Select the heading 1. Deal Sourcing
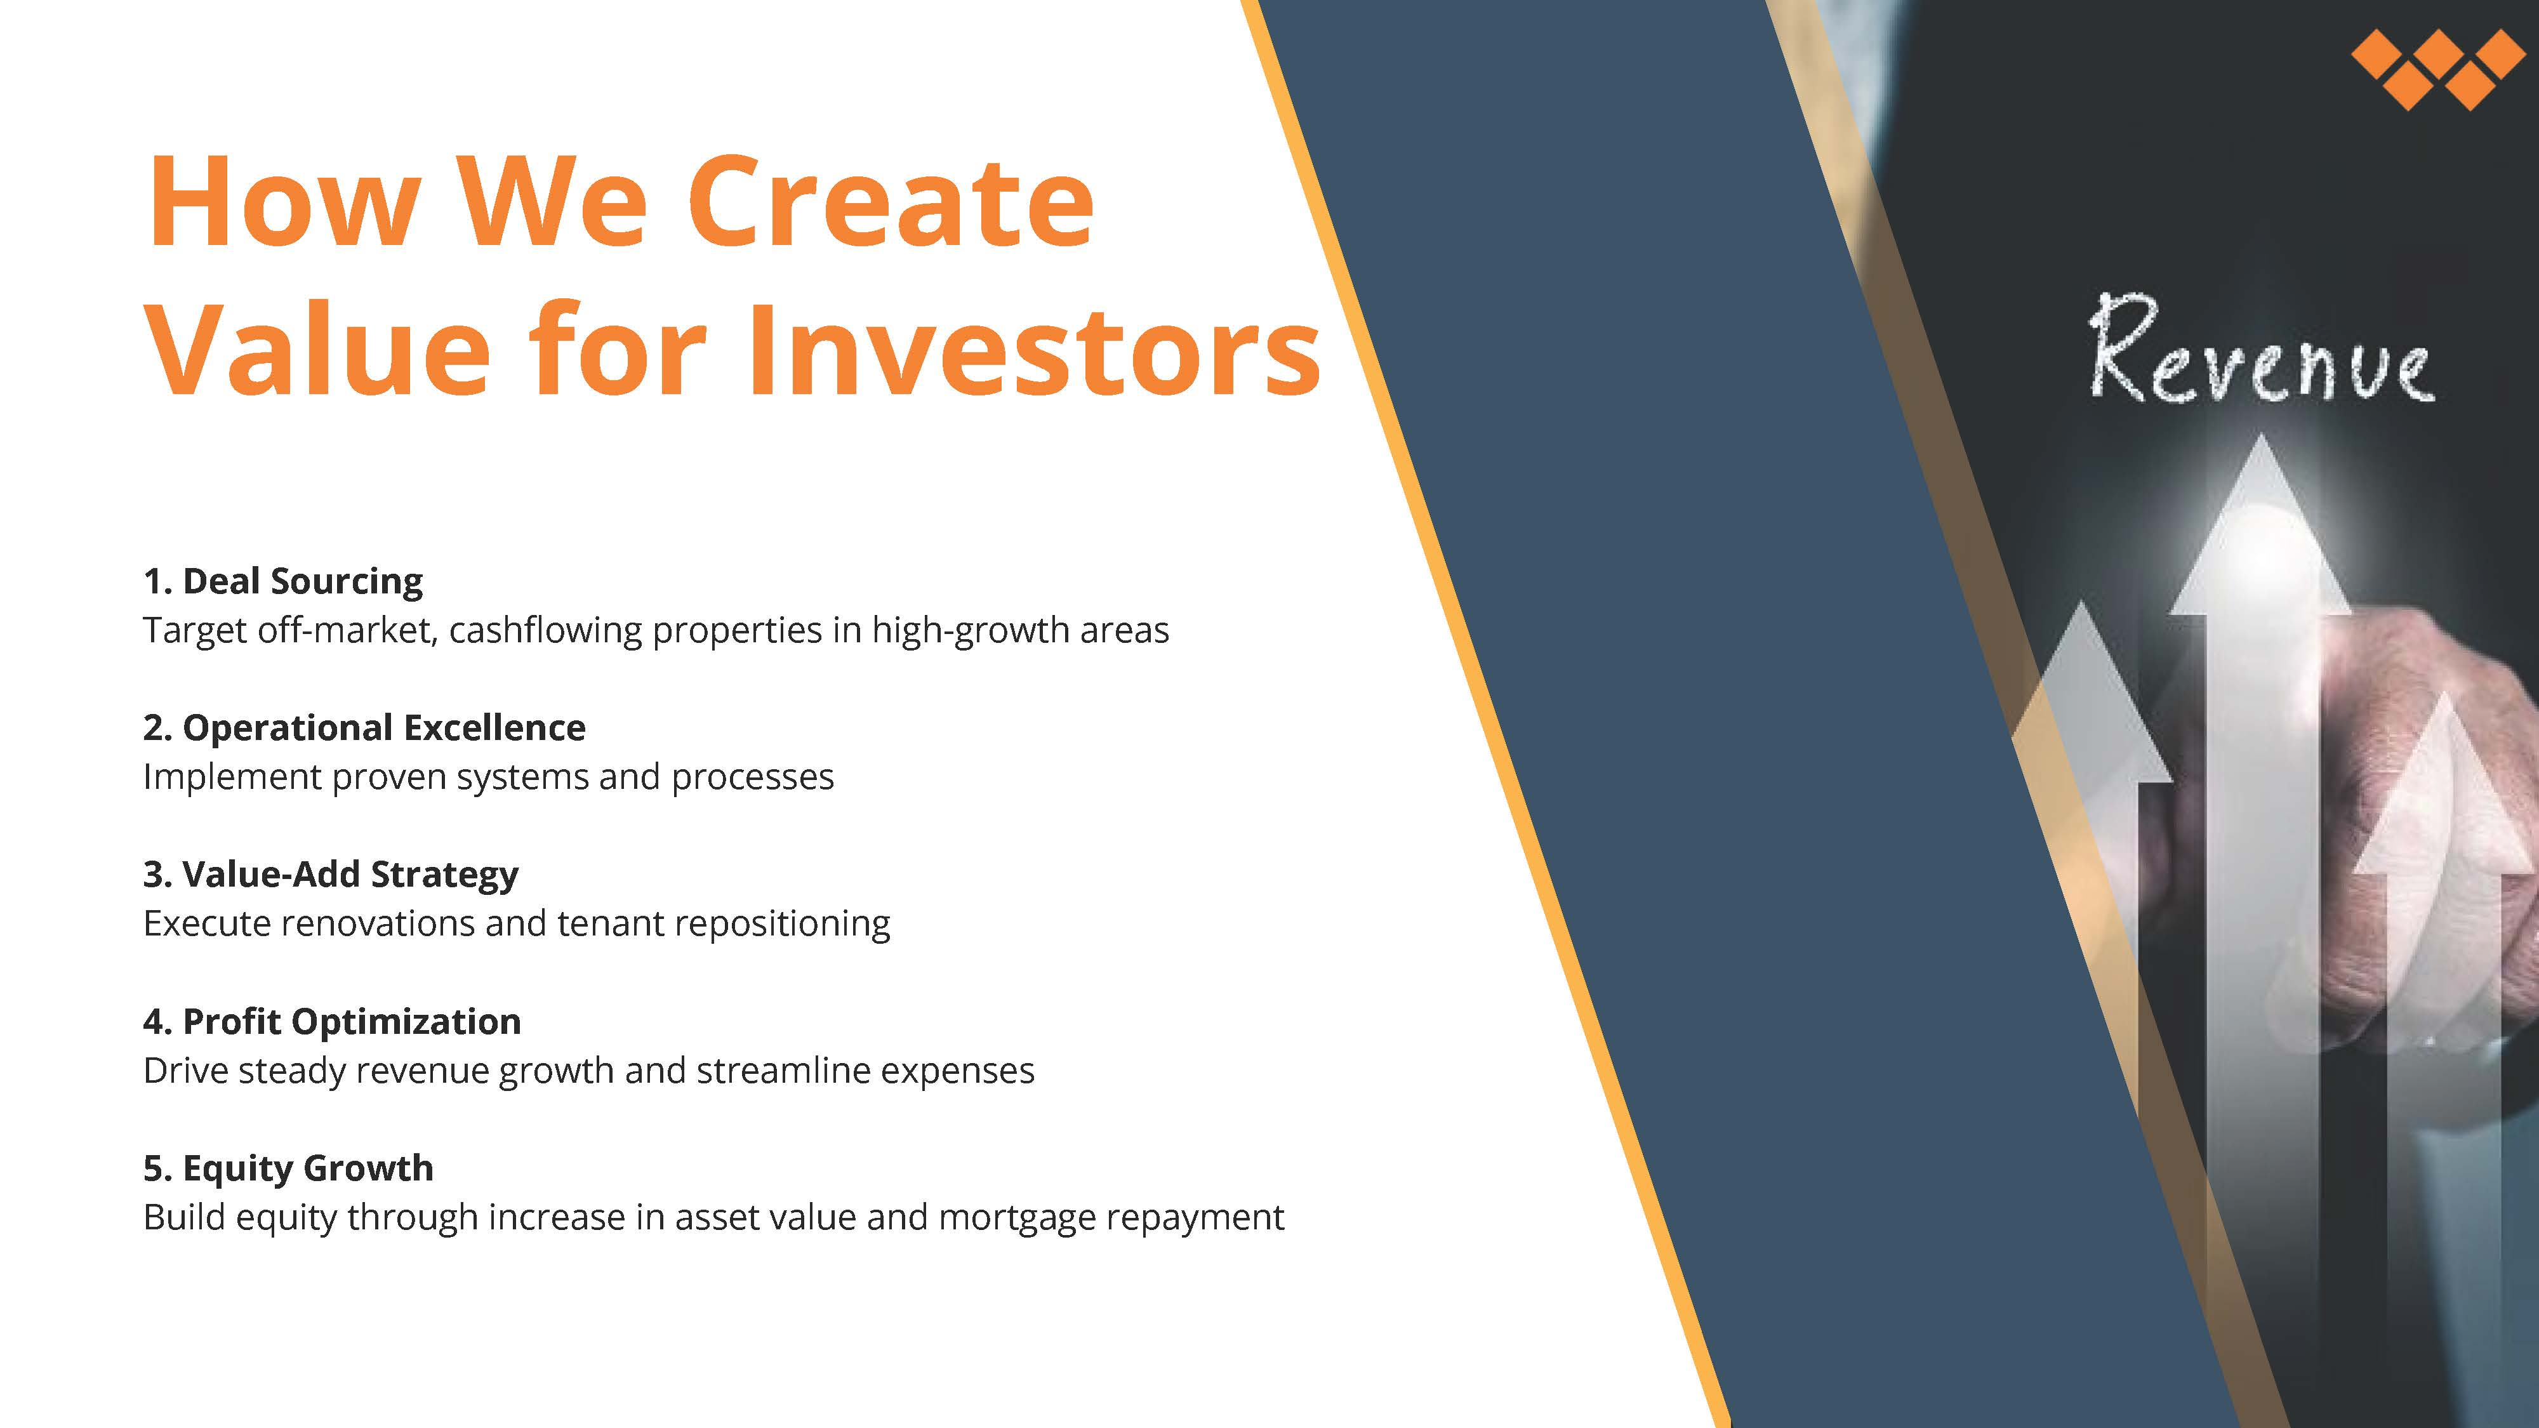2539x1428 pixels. tap(283, 581)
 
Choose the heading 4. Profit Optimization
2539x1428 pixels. tap(332, 1022)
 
